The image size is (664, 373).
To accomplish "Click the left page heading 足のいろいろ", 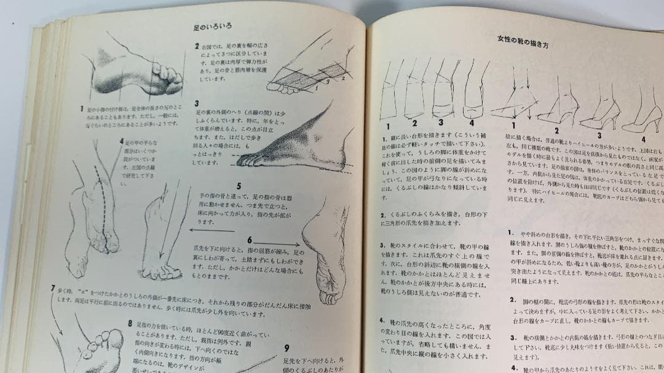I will (211, 27).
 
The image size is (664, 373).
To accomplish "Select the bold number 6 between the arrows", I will (250, 240).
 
